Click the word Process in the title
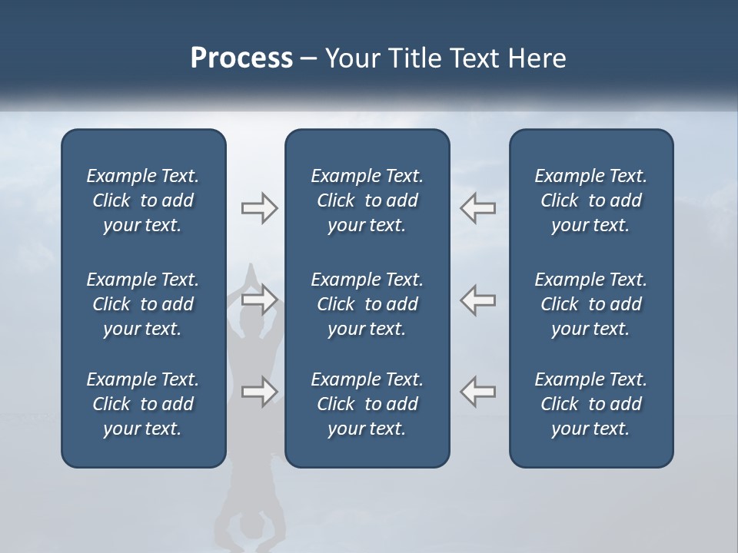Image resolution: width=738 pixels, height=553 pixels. point(241,58)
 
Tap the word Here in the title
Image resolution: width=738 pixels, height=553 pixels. point(537,58)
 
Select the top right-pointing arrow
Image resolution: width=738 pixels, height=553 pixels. point(259,208)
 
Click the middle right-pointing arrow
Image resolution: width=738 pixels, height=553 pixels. point(259,299)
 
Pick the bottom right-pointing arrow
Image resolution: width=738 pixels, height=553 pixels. point(259,391)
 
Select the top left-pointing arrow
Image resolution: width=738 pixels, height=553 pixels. point(478,208)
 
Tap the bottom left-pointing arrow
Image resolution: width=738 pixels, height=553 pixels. point(478,391)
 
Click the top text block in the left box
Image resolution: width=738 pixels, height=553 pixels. point(143,200)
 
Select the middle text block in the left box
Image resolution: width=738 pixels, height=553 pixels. point(143,304)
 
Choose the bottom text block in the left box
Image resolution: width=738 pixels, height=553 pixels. point(143,404)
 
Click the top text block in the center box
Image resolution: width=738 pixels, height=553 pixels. point(367,200)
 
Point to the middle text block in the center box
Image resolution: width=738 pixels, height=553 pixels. point(367,304)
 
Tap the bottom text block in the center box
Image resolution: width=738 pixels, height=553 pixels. point(367,404)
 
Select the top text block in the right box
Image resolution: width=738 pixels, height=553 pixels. point(590,200)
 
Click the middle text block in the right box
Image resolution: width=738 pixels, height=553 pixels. point(590,304)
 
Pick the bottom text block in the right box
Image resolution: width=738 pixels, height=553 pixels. point(590,404)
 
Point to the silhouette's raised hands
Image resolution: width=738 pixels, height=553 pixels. point(251,275)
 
